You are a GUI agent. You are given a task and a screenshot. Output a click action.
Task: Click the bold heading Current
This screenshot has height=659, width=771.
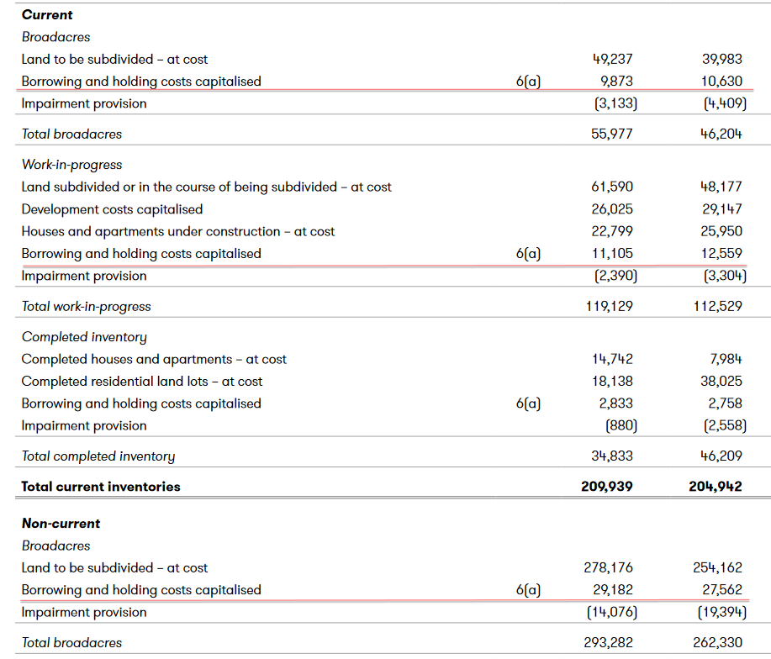(47, 15)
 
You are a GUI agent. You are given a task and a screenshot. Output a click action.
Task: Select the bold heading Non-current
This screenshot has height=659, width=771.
(61, 524)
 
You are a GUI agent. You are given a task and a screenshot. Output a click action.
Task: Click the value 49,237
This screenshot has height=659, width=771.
(613, 60)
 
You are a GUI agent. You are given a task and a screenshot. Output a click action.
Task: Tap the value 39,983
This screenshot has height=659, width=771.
(722, 60)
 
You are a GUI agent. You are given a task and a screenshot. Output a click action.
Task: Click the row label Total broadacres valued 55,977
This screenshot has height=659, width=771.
(71, 134)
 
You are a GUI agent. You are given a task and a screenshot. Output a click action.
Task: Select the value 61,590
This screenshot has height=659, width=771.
(613, 187)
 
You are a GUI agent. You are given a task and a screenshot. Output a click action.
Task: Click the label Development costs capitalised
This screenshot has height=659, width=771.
(112, 209)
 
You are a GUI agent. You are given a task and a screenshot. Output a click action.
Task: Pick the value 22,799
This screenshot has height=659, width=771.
(613, 231)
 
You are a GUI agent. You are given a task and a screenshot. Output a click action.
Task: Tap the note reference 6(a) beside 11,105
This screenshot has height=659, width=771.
(528, 254)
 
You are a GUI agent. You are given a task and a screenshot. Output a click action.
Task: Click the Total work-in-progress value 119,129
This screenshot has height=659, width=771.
(610, 307)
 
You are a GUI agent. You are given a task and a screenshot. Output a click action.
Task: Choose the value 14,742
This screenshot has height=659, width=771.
(613, 360)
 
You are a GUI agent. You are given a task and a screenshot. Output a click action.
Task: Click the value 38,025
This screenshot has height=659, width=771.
(722, 382)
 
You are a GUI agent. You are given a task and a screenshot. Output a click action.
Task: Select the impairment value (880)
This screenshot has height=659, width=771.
(620, 425)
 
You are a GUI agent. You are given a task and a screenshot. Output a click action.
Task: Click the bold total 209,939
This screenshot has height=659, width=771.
(607, 487)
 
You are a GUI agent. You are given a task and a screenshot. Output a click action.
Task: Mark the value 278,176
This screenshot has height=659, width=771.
(610, 568)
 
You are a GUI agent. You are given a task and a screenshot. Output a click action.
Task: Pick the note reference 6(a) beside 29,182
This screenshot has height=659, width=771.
(528, 590)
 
